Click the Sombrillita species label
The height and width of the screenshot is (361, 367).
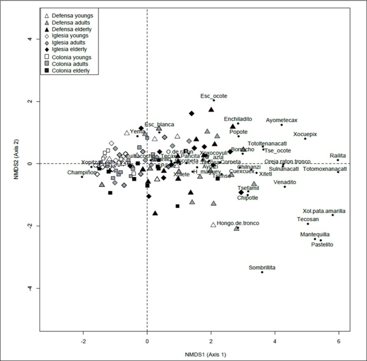pos(262,268)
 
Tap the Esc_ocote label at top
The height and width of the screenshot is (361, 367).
pos(214,96)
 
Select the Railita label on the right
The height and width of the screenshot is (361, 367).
pos(338,155)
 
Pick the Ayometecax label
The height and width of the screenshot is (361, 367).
pos(282,120)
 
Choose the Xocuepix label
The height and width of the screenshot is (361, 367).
pos(305,134)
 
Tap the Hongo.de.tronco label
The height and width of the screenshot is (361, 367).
pos(238,223)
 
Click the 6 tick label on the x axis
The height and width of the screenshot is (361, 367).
pos(338,340)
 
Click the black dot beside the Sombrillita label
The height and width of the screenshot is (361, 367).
pos(262,272)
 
